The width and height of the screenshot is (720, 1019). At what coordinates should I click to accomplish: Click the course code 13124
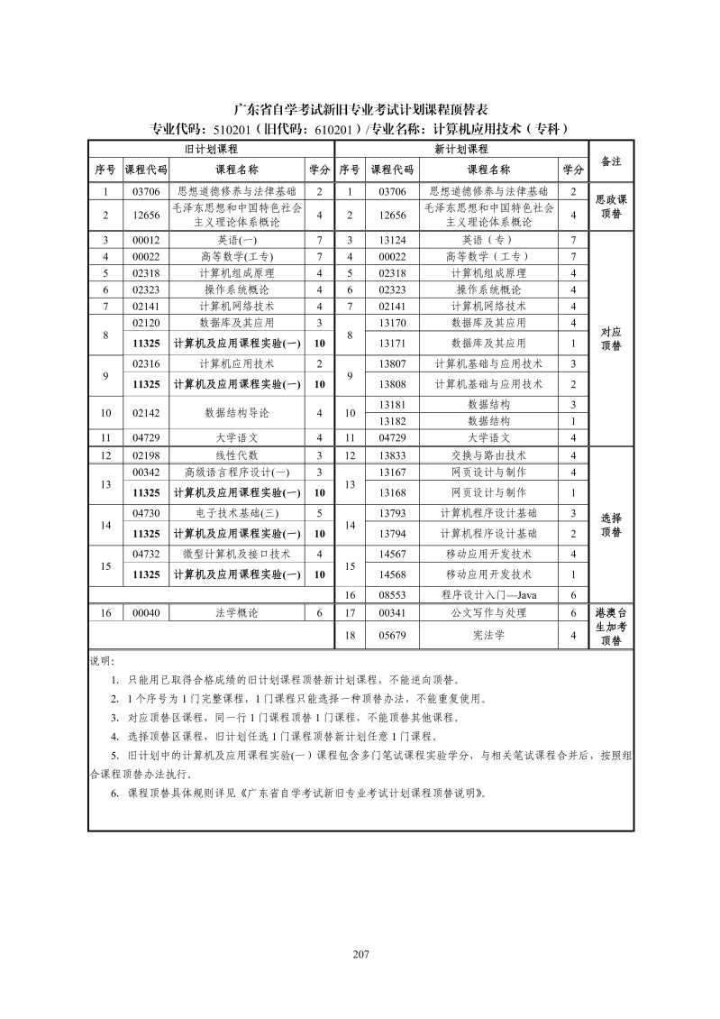pyautogui.click(x=392, y=240)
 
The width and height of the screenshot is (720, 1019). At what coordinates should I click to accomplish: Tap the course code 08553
pyautogui.click(x=392, y=595)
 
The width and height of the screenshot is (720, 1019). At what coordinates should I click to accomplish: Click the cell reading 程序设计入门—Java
pyautogui.click(x=488, y=595)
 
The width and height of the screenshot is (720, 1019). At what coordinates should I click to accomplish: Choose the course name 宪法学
pyautogui.click(x=488, y=636)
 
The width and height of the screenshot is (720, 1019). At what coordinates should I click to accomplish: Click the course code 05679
pyautogui.click(x=392, y=636)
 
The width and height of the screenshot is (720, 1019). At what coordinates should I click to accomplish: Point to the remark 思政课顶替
pyautogui.click(x=611, y=206)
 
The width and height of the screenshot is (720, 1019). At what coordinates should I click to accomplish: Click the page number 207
pyautogui.click(x=360, y=955)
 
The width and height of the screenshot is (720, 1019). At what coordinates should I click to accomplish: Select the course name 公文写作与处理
pyautogui.click(x=488, y=613)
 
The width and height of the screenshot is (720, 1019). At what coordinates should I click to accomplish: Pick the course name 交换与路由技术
pyautogui.click(x=488, y=455)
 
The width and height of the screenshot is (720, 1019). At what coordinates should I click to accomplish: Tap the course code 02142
pyautogui.click(x=145, y=412)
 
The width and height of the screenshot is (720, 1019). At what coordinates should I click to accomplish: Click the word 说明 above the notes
pyautogui.click(x=102, y=661)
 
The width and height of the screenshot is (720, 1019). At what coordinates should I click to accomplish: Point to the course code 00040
pyautogui.click(x=145, y=613)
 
